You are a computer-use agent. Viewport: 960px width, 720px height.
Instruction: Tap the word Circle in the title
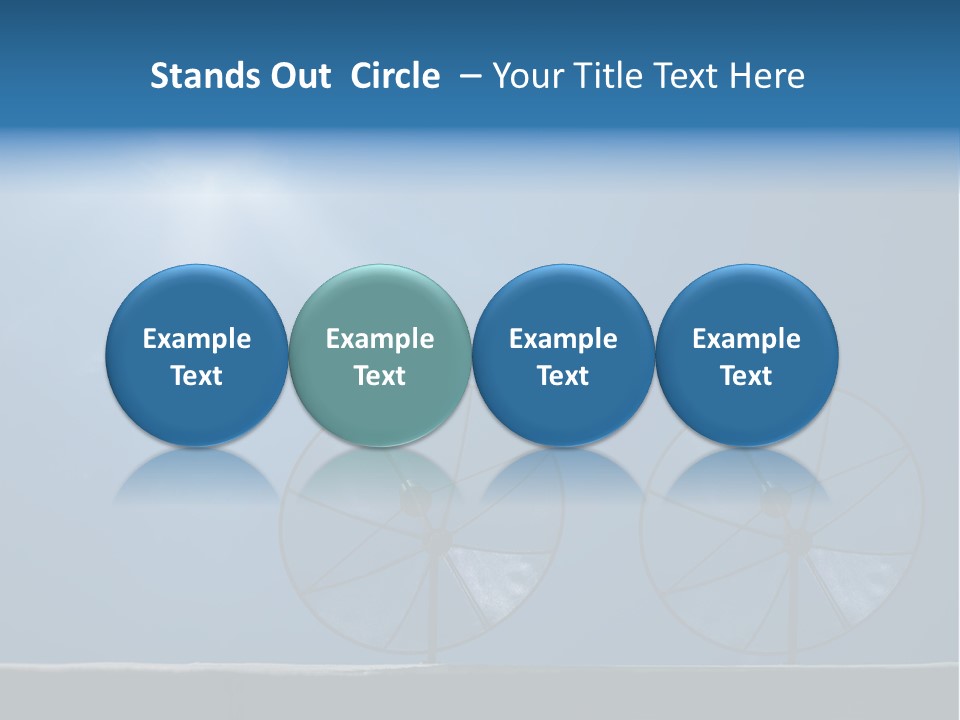click(395, 76)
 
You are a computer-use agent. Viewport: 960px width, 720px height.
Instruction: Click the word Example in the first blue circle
click(196, 339)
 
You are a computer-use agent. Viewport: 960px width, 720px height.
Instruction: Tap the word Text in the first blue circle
click(196, 376)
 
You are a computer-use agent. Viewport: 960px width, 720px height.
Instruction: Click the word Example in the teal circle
click(379, 339)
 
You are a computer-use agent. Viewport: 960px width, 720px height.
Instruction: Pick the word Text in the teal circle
click(379, 376)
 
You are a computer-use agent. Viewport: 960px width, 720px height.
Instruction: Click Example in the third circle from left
click(563, 339)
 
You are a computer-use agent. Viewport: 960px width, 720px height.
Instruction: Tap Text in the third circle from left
click(563, 376)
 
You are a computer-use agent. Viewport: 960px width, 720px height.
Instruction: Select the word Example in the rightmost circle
click(746, 339)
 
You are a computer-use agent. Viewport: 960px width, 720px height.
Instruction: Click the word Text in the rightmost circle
click(746, 376)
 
